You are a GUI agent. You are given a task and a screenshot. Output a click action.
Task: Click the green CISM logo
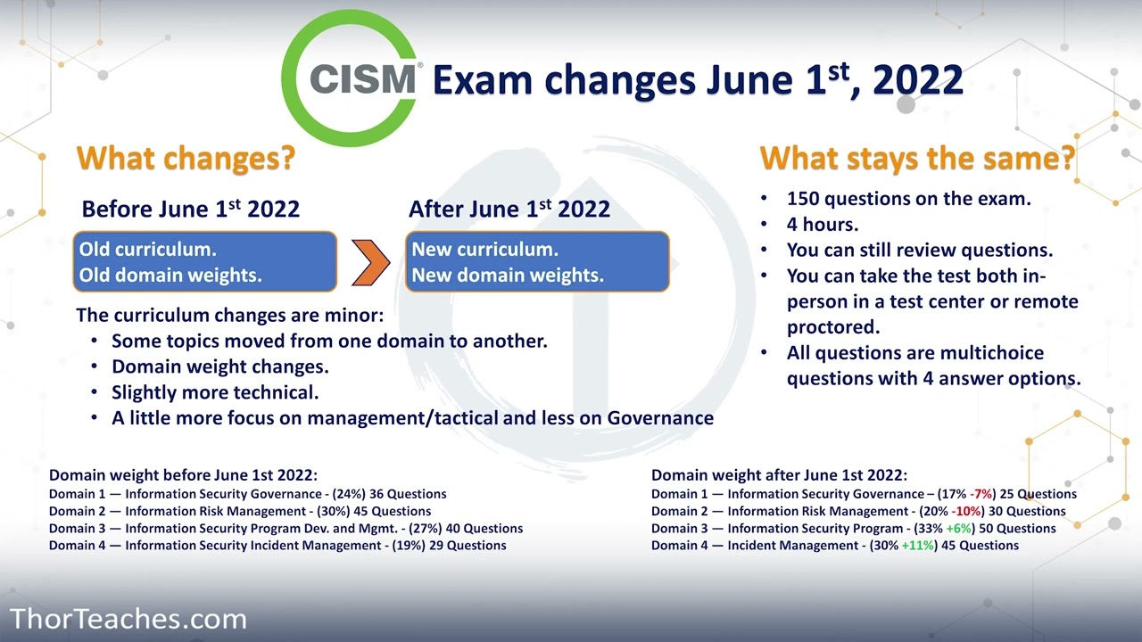click(x=352, y=78)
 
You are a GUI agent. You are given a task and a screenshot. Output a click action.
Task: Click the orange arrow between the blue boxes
click(x=370, y=262)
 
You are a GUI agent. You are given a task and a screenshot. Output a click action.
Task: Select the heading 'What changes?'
click(x=186, y=158)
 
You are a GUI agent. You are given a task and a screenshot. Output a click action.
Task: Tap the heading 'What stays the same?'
click(x=917, y=158)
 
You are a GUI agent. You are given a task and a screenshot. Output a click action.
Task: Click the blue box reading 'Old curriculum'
click(x=204, y=262)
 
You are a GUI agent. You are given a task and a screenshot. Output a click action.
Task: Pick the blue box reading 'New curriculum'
click(x=537, y=262)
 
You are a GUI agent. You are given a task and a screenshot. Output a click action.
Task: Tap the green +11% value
click(x=919, y=545)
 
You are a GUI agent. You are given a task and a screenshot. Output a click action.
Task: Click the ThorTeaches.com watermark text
click(x=128, y=619)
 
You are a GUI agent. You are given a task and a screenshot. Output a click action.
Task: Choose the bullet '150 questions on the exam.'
click(x=908, y=199)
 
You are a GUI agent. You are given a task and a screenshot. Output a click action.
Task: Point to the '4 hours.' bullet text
click(x=822, y=225)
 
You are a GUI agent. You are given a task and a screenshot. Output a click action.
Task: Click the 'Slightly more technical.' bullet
click(x=215, y=392)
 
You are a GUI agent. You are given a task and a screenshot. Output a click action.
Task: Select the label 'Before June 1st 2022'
click(x=190, y=210)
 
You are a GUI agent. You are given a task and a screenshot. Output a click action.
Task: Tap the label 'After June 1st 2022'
click(x=509, y=210)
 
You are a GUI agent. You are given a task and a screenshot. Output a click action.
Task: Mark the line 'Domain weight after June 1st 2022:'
click(x=779, y=476)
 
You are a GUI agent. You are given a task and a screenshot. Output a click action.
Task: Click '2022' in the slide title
click(x=918, y=80)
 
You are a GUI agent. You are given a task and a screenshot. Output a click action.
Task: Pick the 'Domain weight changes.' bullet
click(x=219, y=366)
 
